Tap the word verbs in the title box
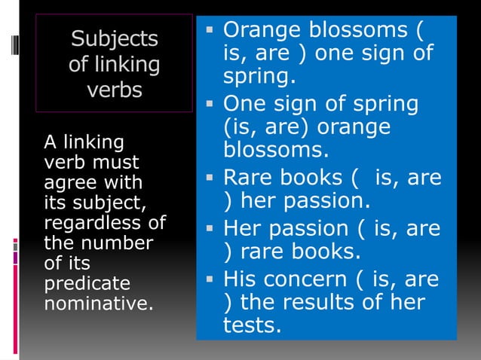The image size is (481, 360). point(114,90)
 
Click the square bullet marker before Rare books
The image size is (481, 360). point(211,179)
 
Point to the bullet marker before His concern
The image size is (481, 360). point(211,280)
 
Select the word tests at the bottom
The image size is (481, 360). point(250,328)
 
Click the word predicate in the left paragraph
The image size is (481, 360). point(76,284)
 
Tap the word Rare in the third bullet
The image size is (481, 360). point(246,178)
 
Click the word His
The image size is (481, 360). point(240,279)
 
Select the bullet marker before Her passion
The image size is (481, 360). point(211,228)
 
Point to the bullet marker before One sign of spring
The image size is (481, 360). point(211,103)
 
